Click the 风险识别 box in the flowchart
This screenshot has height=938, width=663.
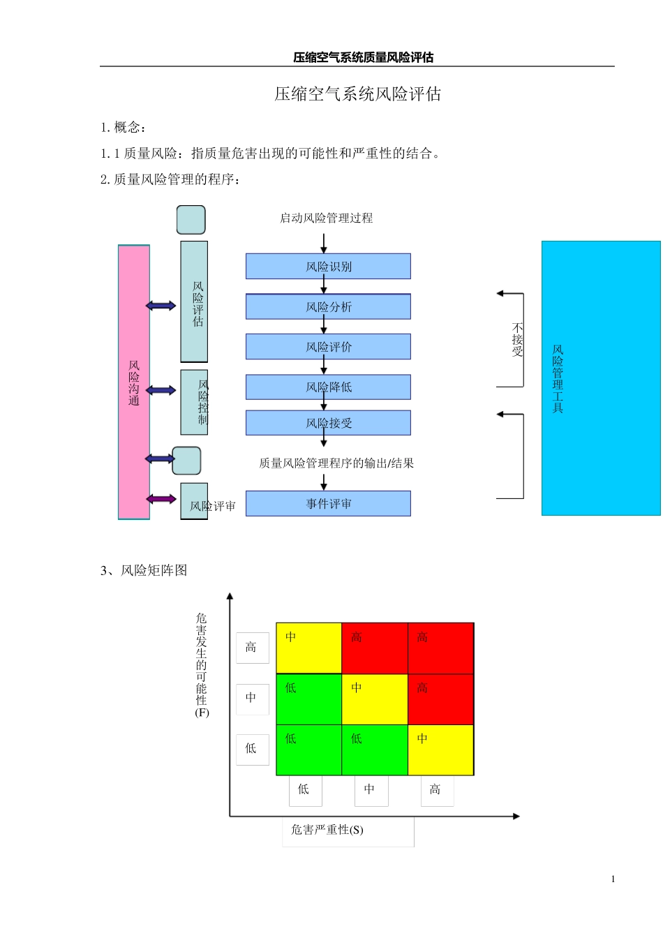coord(328,267)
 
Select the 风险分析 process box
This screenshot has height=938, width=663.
coord(328,307)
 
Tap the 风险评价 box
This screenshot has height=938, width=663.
coord(328,347)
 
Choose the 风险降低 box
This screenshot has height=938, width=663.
coord(328,387)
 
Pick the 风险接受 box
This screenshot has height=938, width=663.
coord(328,423)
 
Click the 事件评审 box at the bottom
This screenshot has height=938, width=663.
coord(328,504)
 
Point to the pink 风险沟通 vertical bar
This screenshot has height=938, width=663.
coord(134,382)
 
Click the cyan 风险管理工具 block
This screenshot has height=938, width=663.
coord(601,378)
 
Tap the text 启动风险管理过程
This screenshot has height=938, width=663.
coord(326,218)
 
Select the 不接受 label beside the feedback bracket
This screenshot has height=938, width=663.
coord(517,340)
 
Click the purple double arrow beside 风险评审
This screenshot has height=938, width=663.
coord(161,499)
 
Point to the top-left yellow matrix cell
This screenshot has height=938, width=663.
coord(308,648)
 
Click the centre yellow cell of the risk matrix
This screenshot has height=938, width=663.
coord(374,699)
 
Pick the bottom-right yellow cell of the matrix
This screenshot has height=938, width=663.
coord(440,750)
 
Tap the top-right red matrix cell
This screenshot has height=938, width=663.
coord(440,648)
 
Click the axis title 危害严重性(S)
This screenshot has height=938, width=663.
coord(327,830)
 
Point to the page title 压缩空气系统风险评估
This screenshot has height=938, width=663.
coord(357,94)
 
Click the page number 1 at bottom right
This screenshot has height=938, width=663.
coord(613,879)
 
